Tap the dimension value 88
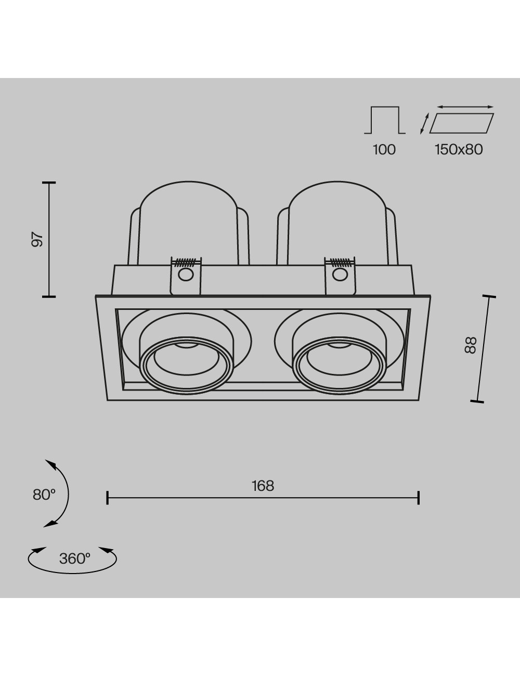point(470,345)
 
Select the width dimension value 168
point(263,486)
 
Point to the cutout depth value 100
point(384,150)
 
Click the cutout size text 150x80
point(459,150)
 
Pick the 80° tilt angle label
point(44,495)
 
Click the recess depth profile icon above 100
point(385,120)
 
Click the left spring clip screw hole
point(186,275)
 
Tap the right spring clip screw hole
point(340,275)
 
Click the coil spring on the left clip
point(186,262)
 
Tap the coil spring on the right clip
point(340,262)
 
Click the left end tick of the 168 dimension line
point(107,498)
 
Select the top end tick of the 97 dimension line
point(49,183)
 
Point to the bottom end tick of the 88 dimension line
point(477,401)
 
